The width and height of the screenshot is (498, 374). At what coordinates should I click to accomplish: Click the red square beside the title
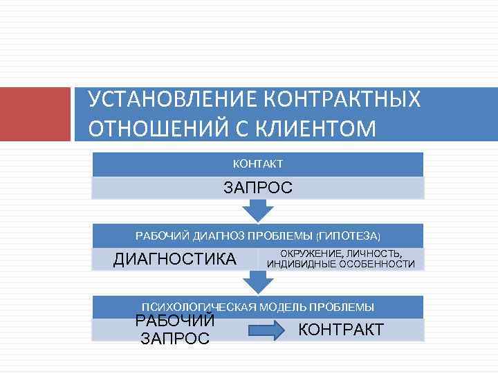tap(35, 114)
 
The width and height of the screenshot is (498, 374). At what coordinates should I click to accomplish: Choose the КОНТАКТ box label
tap(257, 164)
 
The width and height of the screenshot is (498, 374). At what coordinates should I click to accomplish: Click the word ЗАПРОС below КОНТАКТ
tap(257, 188)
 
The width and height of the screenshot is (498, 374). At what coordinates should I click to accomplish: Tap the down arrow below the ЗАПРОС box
tap(258, 210)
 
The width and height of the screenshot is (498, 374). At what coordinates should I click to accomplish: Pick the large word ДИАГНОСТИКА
tap(174, 259)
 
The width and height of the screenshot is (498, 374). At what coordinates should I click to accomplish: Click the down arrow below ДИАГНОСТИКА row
tap(258, 281)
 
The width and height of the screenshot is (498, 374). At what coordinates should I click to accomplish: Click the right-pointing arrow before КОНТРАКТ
tap(266, 330)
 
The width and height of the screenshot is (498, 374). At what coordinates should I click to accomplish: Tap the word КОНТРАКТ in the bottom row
tap(340, 330)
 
